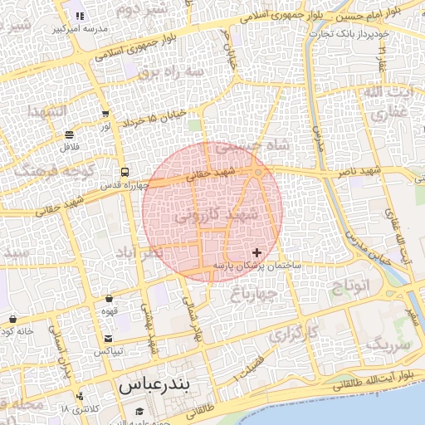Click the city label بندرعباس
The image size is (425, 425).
pos(155,386)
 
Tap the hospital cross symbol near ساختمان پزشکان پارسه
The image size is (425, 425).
pos(256,252)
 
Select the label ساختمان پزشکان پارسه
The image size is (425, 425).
pos(257,266)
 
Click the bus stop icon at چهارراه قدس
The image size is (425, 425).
pos(124,172)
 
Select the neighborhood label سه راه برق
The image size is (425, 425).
pos(170,71)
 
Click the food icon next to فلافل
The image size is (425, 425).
pos(69,134)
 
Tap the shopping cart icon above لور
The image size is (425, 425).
pos(105,114)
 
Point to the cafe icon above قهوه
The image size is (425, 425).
pos(109,299)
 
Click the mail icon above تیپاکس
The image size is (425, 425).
pos(109,338)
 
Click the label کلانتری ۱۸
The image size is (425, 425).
pos(80,408)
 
